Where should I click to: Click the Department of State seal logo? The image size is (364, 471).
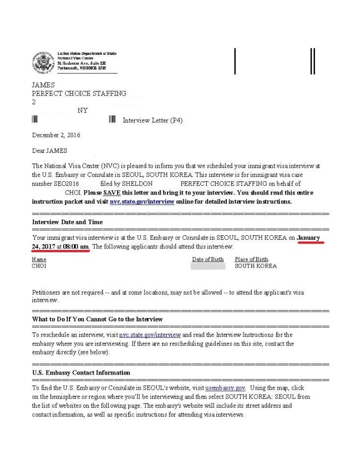coord(43,62)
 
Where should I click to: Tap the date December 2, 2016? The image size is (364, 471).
coord(56,135)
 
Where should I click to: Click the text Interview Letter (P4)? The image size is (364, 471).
coord(152,121)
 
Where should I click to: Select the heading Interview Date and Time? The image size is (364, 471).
coord(67,222)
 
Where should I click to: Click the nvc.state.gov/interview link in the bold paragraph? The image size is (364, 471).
coord(142,201)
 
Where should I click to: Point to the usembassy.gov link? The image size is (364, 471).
coord(225,388)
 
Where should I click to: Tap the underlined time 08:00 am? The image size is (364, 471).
coord(75,247)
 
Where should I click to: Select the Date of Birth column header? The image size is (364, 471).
coord(208,259)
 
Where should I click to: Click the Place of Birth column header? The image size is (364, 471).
coord(251,259)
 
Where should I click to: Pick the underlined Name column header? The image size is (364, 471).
coord(39,259)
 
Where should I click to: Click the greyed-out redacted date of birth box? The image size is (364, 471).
coord(208,266)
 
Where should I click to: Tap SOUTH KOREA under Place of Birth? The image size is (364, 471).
coord(255,266)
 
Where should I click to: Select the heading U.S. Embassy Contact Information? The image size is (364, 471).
coord(81,373)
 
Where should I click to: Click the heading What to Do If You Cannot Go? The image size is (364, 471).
coord(97,319)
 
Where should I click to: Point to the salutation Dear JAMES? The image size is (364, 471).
coord(49,151)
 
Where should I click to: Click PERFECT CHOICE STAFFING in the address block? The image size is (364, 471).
coord(79,94)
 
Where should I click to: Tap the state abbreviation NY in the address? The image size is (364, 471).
coord(82,111)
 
